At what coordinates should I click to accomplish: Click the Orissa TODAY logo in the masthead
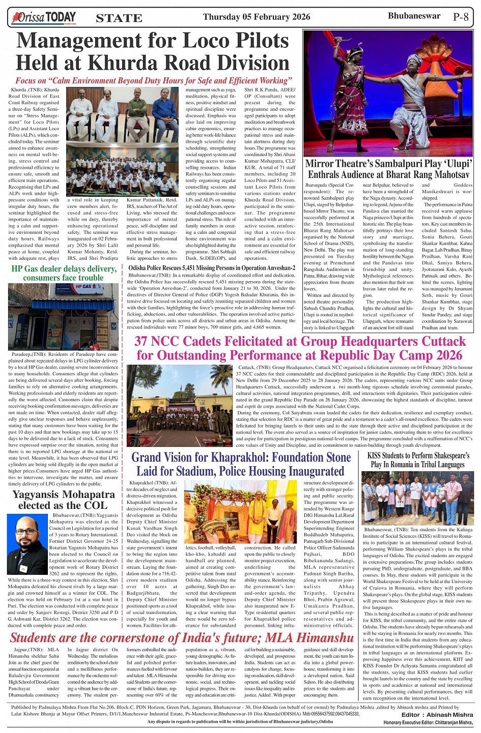[44, 18]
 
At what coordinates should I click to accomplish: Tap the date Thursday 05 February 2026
[256, 17]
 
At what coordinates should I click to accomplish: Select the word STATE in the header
[119, 18]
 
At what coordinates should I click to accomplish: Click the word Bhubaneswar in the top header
[414, 16]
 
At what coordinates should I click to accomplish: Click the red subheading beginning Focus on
[153, 80]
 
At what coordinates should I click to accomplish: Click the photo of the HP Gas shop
[63, 316]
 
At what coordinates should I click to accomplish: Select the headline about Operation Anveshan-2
[212, 268]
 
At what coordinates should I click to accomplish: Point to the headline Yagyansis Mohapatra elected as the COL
[64, 500]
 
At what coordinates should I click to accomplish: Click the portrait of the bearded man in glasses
[27, 544]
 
